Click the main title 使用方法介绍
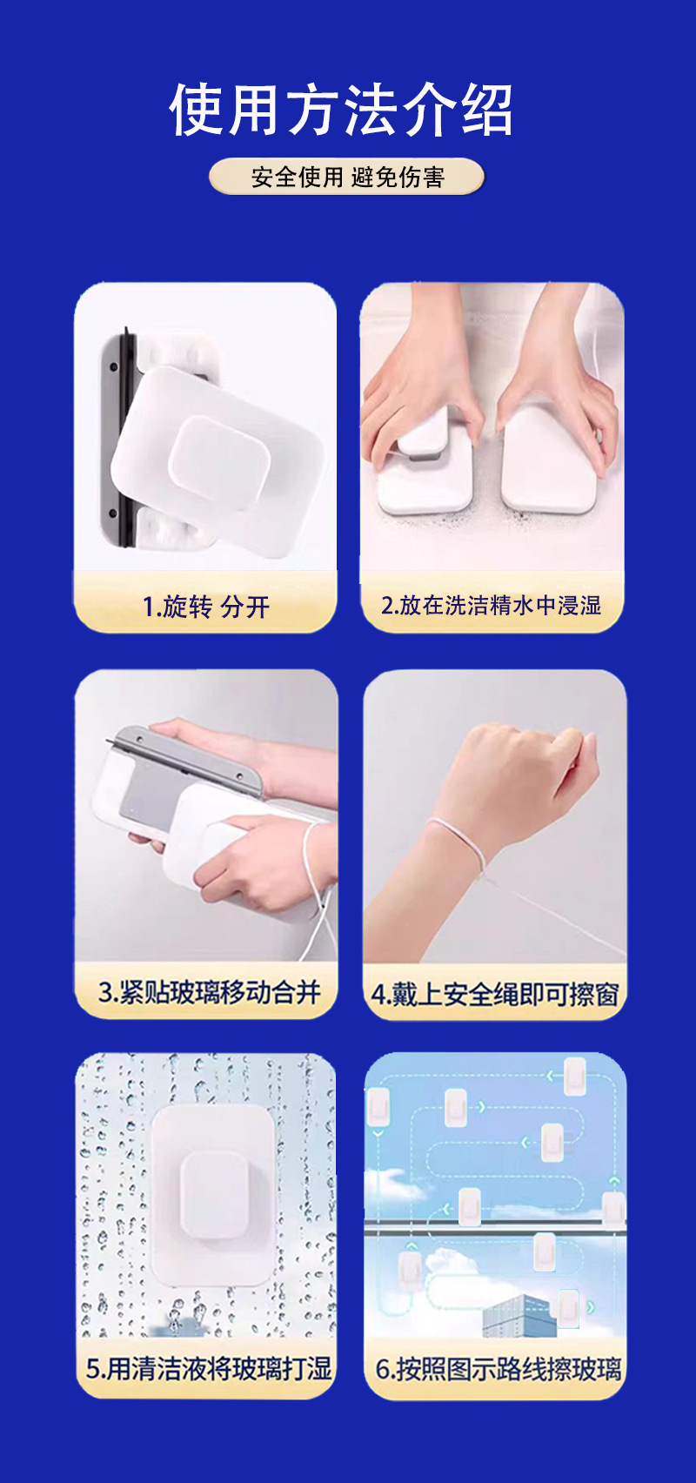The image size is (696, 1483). [x=341, y=111]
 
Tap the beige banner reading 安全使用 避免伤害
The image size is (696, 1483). [x=346, y=177]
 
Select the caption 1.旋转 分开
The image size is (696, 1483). [x=205, y=606]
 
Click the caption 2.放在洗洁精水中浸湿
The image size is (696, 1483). [x=492, y=605]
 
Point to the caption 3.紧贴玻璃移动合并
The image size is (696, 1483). [x=209, y=992]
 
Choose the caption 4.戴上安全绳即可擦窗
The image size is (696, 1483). [x=494, y=994]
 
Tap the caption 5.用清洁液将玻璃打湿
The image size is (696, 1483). [x=209, y=1368]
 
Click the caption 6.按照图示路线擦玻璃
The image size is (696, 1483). [x=498, y=1369]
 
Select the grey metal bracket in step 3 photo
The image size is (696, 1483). [x=187, y=761]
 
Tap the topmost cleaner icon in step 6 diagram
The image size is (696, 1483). [x=574, y=1076]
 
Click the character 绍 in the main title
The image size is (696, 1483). [x=486, y=111]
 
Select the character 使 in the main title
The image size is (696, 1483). [x=197, y=111]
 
